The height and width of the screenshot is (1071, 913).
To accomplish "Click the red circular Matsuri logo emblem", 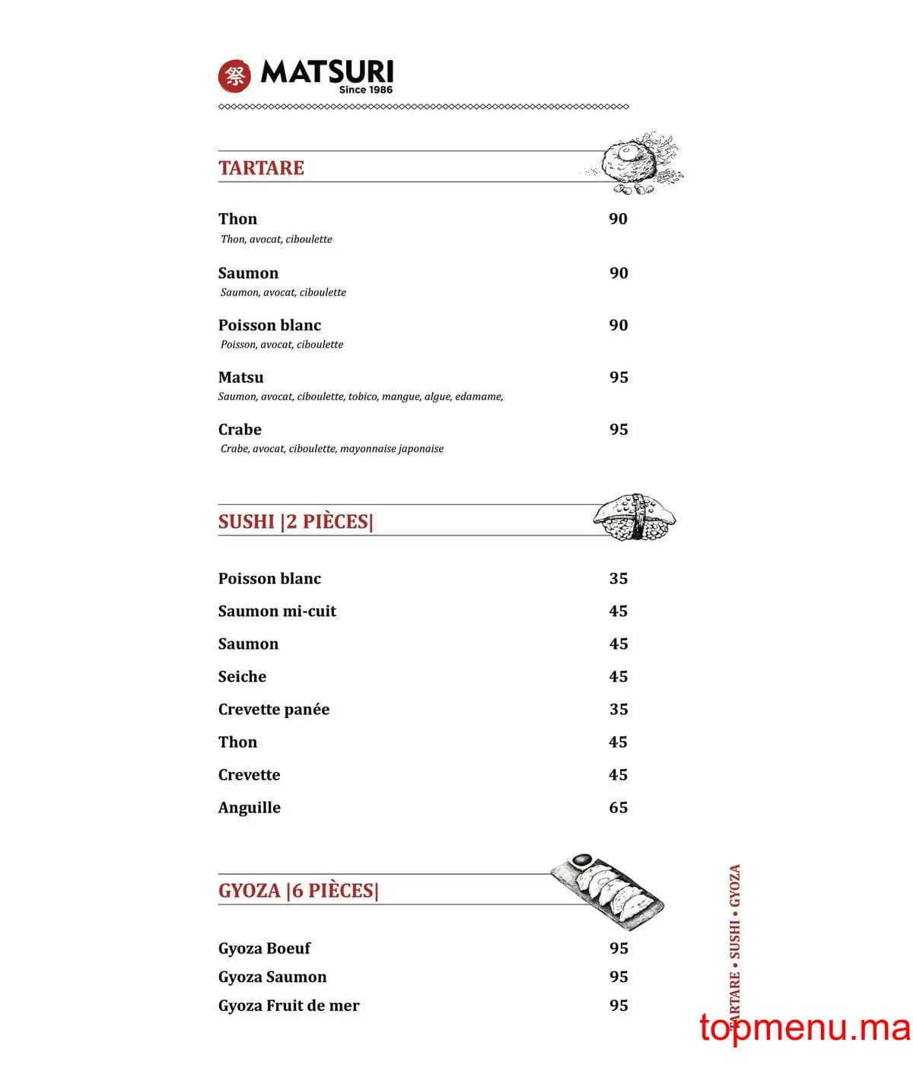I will coord(234,75).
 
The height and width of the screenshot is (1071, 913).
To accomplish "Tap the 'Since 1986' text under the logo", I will coord(365,90).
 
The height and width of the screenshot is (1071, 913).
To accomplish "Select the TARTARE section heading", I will coord(261,168).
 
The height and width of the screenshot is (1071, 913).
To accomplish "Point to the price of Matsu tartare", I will coord(619,377).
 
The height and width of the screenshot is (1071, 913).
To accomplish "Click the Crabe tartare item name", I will coord(240,430).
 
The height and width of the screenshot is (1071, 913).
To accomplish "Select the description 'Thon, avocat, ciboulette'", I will coord(276,239).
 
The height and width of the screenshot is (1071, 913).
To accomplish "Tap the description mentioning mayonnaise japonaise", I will coord(332,449).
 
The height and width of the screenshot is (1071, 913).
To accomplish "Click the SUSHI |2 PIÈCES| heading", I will coord(295,522).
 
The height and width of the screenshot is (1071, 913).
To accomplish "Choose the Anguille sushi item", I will coord(249,808).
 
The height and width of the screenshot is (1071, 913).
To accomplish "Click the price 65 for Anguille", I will coord(619,808).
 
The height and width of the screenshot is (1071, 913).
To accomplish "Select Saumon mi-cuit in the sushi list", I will coord(277,612).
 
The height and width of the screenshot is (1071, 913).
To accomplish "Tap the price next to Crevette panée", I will coord(619,710).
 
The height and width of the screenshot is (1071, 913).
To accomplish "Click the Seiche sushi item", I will coord(242,677).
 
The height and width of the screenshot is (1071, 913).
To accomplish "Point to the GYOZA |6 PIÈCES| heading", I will coord(298,891).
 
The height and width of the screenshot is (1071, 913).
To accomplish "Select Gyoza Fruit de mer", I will coord(288,1006).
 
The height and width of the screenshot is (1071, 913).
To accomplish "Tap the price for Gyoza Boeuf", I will coord(619,949).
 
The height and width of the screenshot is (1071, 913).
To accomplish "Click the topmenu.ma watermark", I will coord(804,1028).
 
